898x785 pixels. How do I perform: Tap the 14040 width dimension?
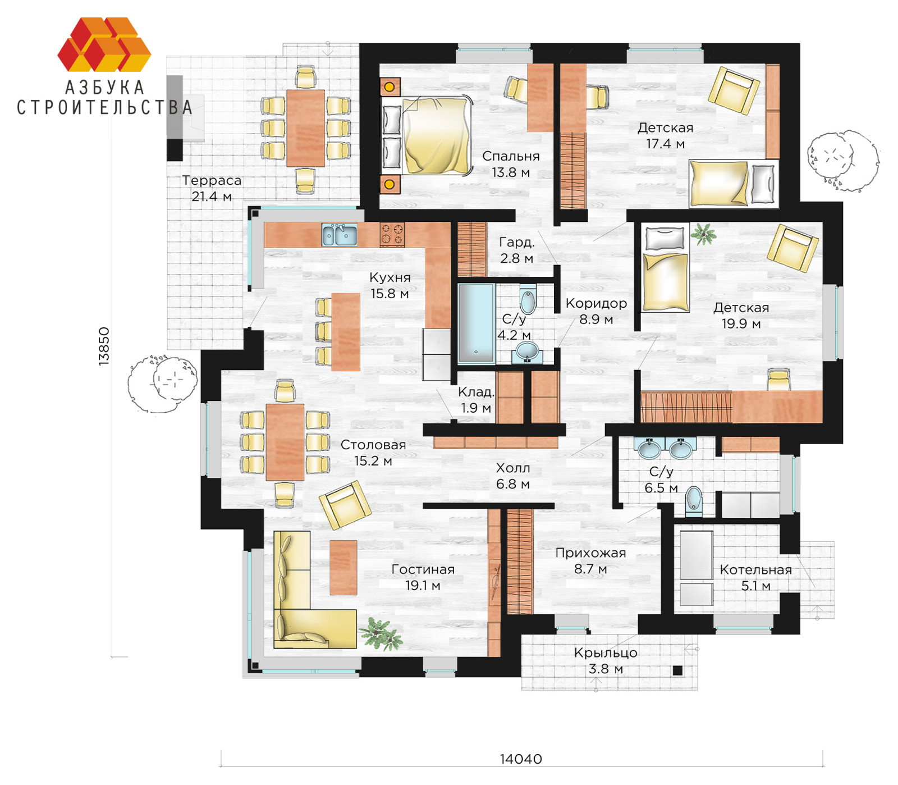(x=521, y=759)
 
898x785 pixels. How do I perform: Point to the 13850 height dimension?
(x=104, y=346)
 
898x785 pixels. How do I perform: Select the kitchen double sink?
(x=339, y=235)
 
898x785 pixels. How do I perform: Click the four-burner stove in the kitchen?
(x=392, y=234)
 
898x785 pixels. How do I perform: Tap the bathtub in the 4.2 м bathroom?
(x=476, y=323)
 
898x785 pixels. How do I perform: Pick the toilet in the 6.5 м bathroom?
(x=694, y=500)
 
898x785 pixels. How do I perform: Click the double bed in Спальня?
(x=428, y=135)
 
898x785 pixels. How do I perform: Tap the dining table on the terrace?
(x=305, y=128)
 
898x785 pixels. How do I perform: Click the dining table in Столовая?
(x=285, y=442)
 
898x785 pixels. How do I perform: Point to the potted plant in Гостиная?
(x=382, y=634)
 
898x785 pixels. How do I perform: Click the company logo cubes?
(x=104, y=44)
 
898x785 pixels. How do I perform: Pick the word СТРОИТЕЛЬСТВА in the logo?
(x=104, y=107)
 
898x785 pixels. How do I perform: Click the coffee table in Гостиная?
(x=343, y=567)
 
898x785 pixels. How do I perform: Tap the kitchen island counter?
(x=346, y=332)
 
